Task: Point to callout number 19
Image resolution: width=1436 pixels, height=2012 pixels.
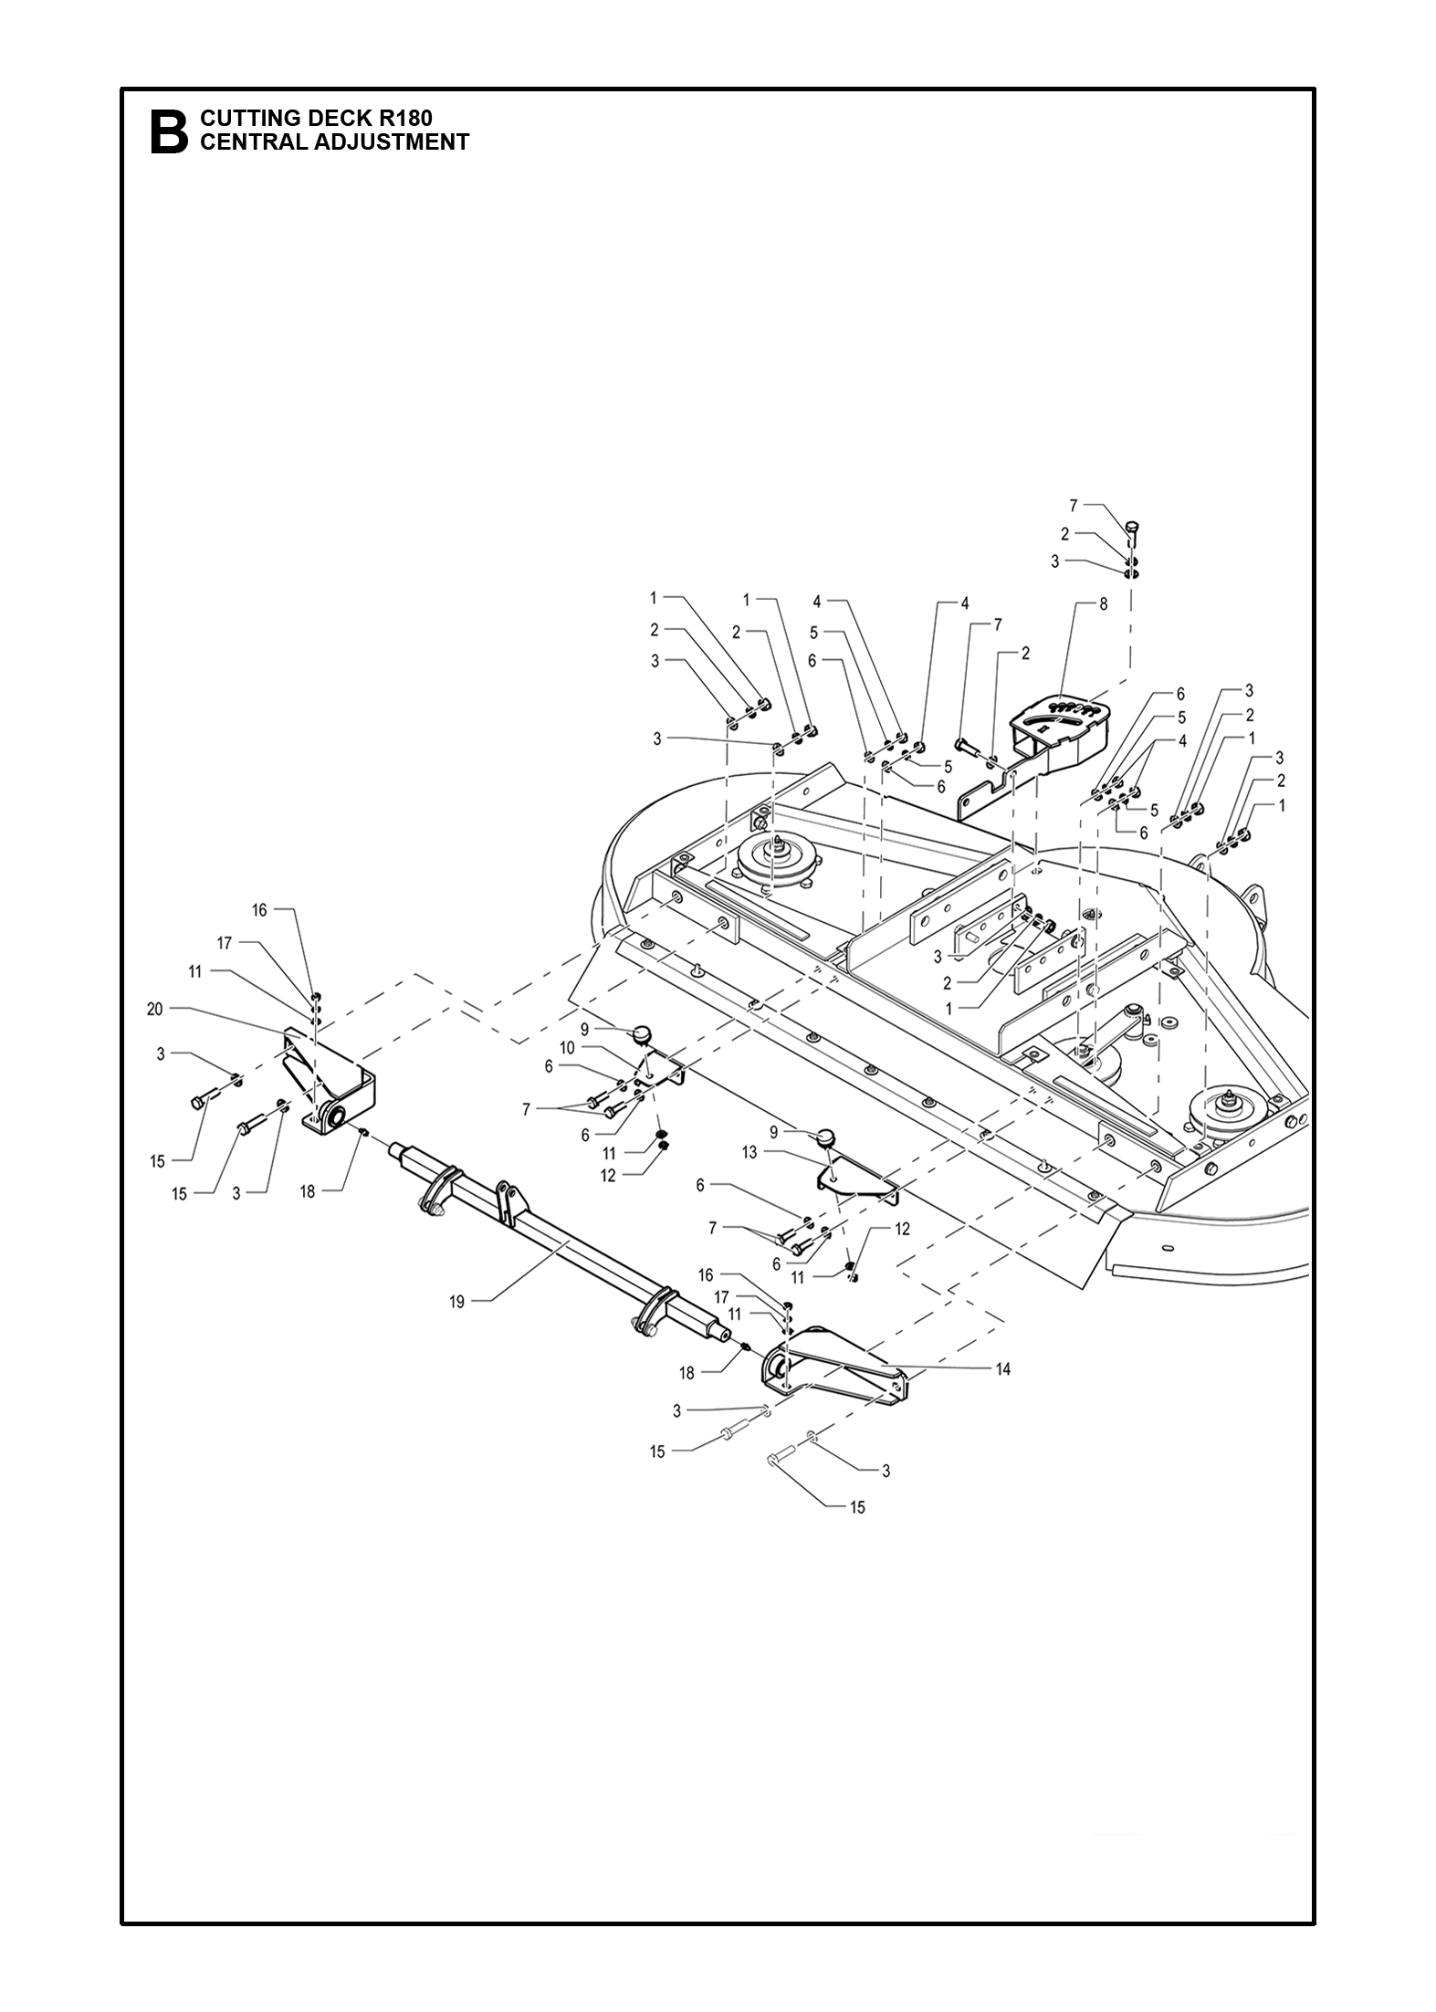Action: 457,1303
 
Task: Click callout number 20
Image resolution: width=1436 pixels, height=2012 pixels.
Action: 156,1009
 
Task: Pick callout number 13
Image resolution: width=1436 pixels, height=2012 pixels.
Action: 749,1153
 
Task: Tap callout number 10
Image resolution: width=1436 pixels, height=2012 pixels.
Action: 567,1049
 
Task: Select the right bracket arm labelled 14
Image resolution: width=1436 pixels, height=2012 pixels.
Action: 835,1370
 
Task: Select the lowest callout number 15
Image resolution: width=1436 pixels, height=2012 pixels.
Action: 857,1507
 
